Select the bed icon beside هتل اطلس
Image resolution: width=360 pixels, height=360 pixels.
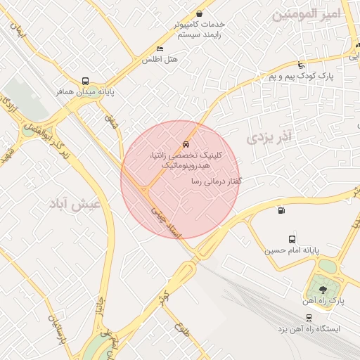pos(160,49)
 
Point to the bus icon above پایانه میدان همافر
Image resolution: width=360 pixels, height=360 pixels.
pos(86,81)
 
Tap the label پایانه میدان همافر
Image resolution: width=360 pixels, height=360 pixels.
pos(86,91)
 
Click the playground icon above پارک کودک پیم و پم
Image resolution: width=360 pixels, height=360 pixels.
pos(302,64)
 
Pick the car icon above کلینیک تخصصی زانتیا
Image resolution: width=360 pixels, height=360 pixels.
pos(186,141)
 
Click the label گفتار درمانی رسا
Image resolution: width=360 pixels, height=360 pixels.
pos(217,181)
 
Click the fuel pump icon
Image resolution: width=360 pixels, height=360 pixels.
pos(281,210)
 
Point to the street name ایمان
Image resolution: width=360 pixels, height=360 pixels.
pos(18,31)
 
